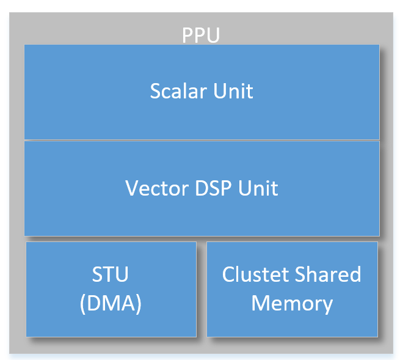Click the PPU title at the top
tap(201, 35)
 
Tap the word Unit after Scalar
tap(233, 91)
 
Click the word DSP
tap(206, 188)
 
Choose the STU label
tap(111, 274)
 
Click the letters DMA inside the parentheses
tap(111, 303)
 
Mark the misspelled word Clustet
tap(253, 274)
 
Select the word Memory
tap(292, 303)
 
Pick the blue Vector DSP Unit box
tap(202, 214)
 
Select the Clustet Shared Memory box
tap(292, 324)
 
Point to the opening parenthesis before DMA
tap(83, 304)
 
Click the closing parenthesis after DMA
tap(139, 304)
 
